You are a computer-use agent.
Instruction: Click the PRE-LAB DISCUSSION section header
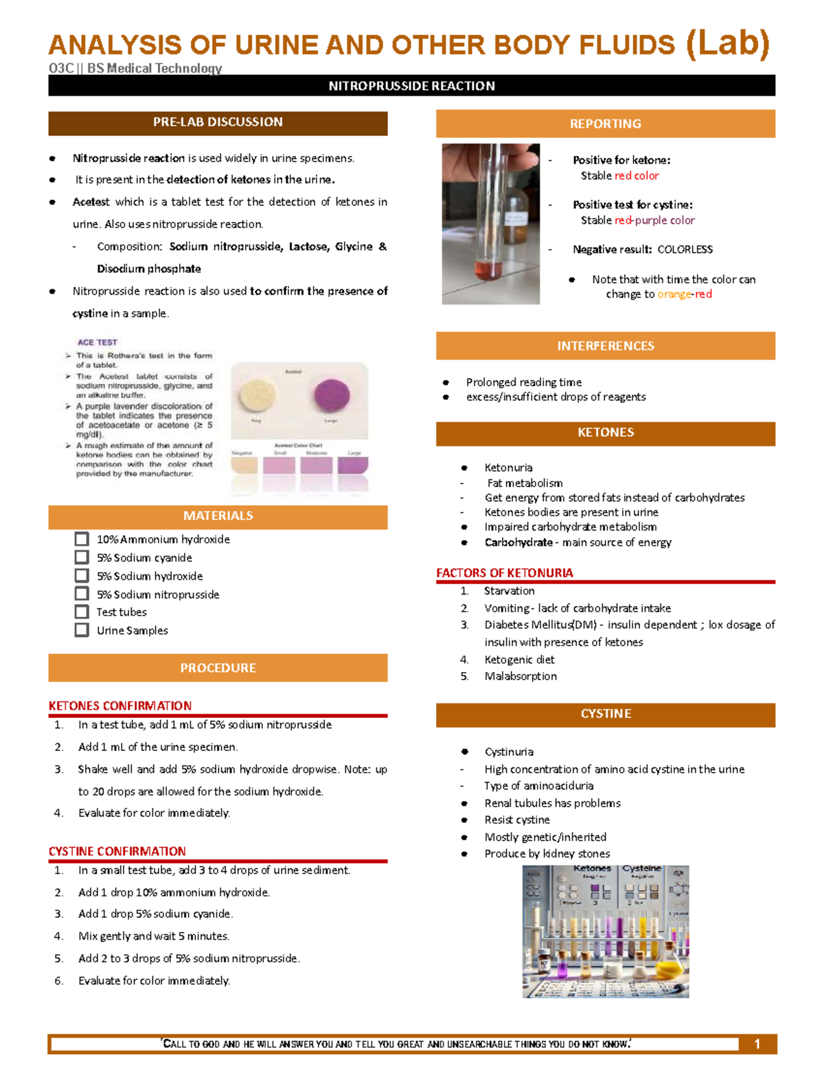[218, 122]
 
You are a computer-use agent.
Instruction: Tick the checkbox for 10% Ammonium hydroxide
[82, 539]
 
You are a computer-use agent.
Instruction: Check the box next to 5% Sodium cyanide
[82, 557]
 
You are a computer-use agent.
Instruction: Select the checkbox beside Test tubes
[82, 611]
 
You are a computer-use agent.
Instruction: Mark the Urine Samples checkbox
[82, 630]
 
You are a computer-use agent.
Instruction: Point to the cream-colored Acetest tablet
[256, 396]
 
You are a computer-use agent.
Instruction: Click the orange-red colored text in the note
[685, 294]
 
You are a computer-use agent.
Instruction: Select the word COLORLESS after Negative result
[685, 249]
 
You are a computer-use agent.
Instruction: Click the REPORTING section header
[605, 124]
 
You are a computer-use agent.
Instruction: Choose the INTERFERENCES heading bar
[605, 346]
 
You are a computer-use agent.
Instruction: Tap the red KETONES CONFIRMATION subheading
[120, 706]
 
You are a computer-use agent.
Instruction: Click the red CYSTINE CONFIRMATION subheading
[117, 851]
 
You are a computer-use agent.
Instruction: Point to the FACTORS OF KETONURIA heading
[505, 573]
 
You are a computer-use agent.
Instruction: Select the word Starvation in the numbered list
[509, 591]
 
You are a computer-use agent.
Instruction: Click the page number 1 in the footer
[757, 1044]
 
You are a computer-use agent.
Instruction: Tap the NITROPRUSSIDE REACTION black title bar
[411, 86]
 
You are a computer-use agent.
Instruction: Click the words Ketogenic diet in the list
[519, 660]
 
